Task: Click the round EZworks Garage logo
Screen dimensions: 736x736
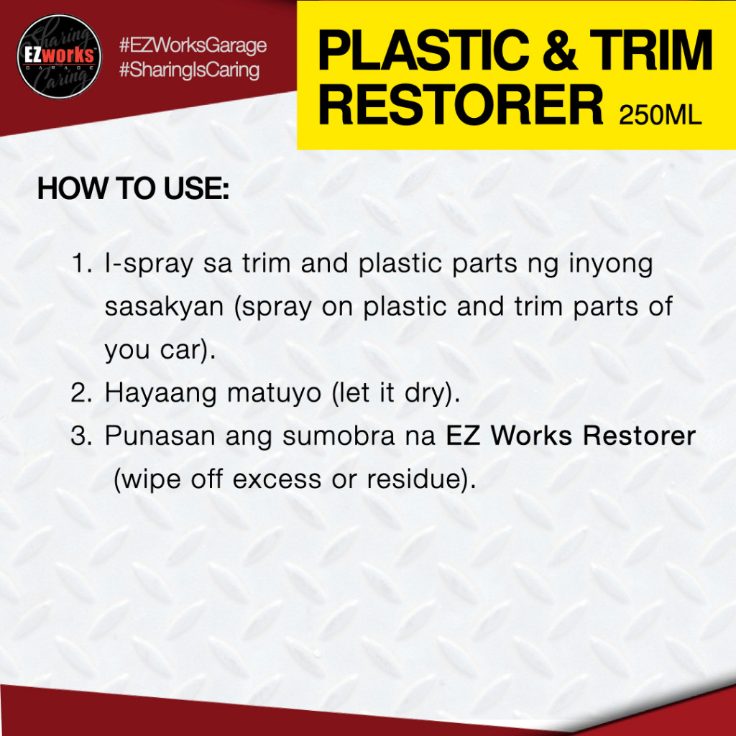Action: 59,56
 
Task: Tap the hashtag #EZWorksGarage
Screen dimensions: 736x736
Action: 193,45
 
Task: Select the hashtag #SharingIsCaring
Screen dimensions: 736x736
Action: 189,70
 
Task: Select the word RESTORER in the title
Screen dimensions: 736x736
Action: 461,105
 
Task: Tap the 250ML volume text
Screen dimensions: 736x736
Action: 660,114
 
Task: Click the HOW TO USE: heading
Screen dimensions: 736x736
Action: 133,188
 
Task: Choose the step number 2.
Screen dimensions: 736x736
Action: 80,392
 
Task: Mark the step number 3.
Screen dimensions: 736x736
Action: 80,436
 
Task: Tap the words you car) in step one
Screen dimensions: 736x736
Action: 160,351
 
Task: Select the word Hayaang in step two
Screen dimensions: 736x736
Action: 160,393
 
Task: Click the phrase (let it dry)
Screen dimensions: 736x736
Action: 396,393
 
